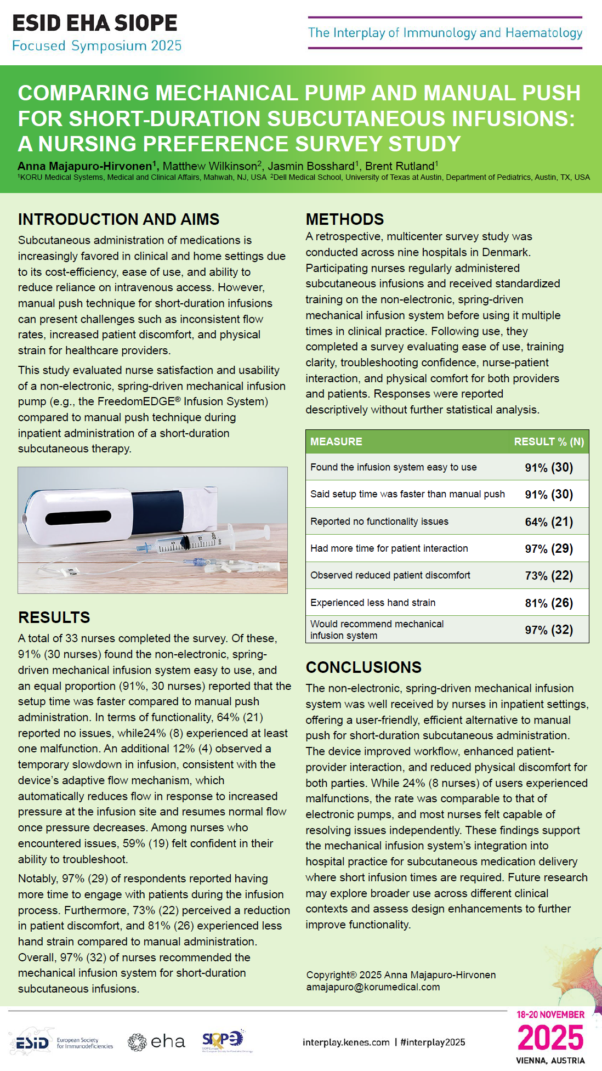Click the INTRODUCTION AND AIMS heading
118,219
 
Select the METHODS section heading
345,219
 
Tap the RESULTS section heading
54,617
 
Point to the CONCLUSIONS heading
364,667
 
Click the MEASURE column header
336,441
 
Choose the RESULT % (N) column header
549,441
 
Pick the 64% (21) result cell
549,522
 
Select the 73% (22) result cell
549,575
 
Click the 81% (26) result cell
549,603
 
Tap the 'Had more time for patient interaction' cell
389,548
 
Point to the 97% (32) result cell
549,630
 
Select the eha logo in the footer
156,1041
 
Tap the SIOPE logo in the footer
223,1040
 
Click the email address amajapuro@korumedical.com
373,987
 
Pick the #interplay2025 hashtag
433,1042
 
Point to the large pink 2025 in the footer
550,1038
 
